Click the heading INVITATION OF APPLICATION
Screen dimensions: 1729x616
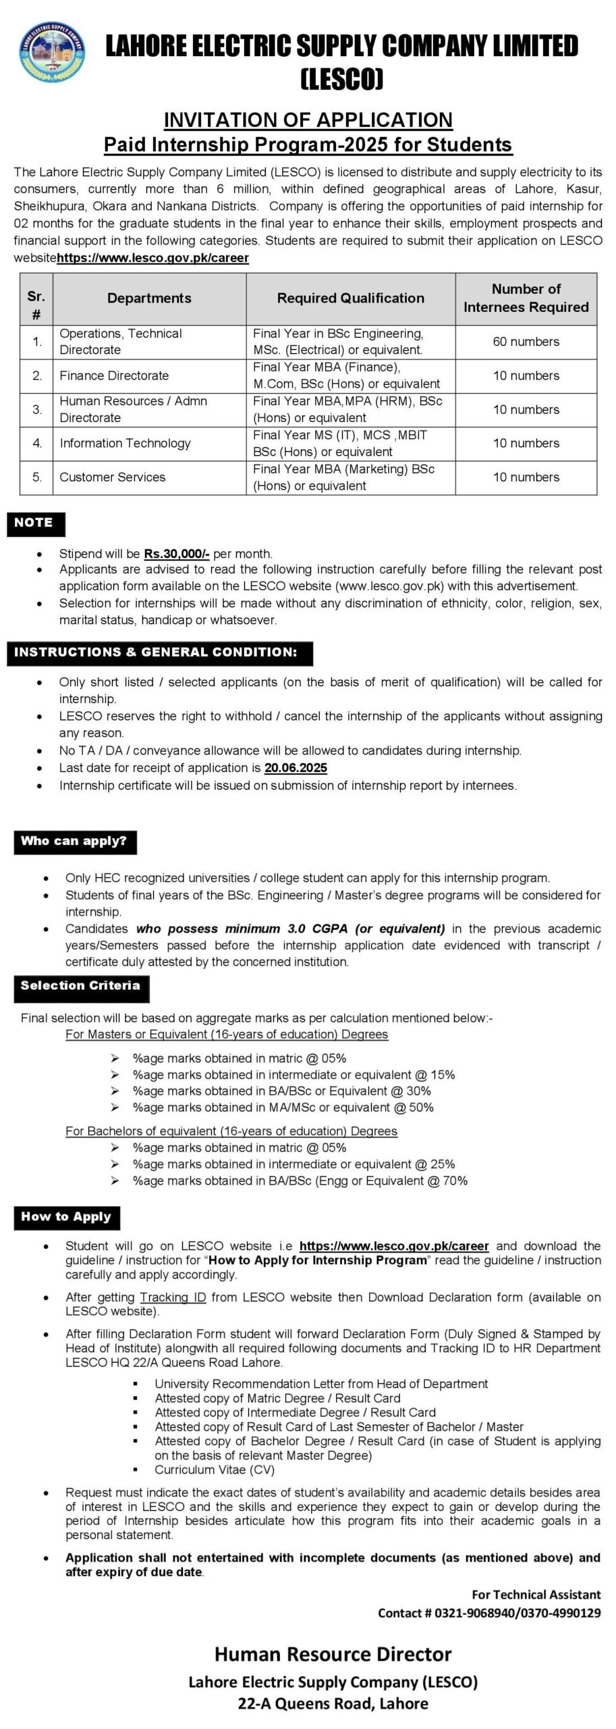(x=308, y=120)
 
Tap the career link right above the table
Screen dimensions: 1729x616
(x=153, y=258)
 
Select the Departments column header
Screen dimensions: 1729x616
(x=149, y=299)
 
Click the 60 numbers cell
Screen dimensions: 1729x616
(x=526, y=342)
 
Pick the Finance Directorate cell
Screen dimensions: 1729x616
(x=114, y=376)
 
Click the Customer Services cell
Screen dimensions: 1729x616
(x=112, y=477)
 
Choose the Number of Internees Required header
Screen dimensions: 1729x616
(x=526, y=299)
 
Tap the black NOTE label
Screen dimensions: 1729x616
(x=34, y=523)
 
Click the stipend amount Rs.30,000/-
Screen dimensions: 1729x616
(x=177, y=553)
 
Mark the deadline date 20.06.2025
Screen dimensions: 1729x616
(x=296, y=767)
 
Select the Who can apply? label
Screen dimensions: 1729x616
(x=74, y=842)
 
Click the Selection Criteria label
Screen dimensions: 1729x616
(x=80, y=986)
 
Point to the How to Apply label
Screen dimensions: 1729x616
(x=65, y=1217)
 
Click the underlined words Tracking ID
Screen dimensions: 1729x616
(x=173, y=1297)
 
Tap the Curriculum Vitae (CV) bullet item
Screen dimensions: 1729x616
(x=215, y=1470)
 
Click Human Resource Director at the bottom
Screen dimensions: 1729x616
(x=333, y=1654)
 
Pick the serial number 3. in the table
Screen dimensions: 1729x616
(x=37, y=409)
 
